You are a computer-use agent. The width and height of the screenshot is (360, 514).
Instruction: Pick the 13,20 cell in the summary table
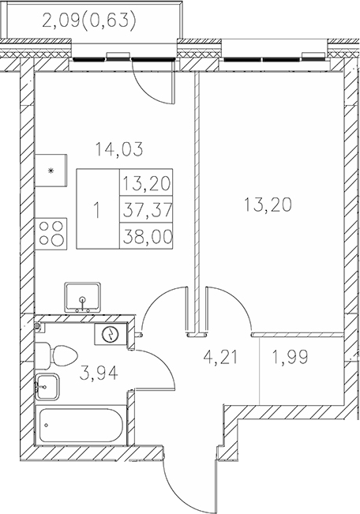(x=146, y=186)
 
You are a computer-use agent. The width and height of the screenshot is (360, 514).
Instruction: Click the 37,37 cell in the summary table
(x=146, y=211)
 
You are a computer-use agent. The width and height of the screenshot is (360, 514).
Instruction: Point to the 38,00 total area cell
(x=146, y=236)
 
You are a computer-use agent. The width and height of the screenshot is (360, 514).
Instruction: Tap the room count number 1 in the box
(x=96, y=211)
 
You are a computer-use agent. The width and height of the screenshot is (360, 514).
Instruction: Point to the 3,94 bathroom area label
(x=99, y=373)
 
